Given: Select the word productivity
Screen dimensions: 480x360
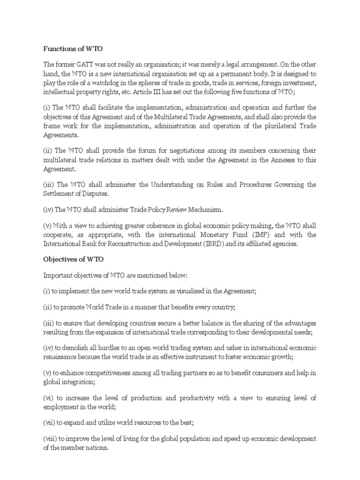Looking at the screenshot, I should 199,397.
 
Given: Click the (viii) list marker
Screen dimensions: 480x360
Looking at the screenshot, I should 50,438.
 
